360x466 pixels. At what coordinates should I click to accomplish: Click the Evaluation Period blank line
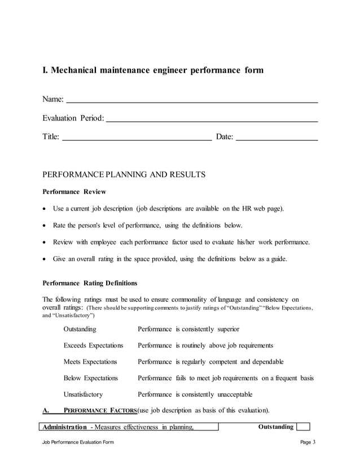tap(212, 121)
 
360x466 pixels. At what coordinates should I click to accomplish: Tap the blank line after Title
tap(136, 138)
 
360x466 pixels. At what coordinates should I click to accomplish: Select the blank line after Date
tap(276, 138)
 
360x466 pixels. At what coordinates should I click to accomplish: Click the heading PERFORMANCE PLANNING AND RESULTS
tap(124, 175)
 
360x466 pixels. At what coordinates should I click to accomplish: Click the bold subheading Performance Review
tap(74, 192)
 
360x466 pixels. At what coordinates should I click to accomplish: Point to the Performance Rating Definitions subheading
tap(90, 283)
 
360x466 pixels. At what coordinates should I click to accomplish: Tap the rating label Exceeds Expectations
tap(93, 345)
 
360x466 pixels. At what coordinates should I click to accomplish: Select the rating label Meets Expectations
tap(90, 362)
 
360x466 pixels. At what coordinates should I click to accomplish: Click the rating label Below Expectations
tap(91, 378)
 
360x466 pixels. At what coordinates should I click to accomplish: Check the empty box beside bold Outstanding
tap(303, 427)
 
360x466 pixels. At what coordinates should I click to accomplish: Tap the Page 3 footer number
tap(308, 442)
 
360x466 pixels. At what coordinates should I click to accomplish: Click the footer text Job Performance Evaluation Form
tap(78, 442)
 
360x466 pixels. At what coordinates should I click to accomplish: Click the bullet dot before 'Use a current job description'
tap(45, 209)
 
